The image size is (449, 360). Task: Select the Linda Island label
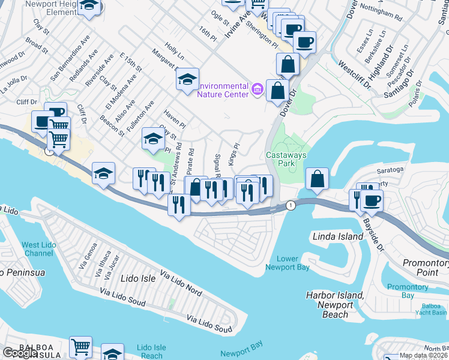[338, 236]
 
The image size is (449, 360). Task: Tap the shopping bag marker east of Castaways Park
[316, 178]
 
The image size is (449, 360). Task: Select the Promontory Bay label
[408, 291]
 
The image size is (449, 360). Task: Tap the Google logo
[20, 353]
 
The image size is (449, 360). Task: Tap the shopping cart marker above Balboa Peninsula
[80, 347]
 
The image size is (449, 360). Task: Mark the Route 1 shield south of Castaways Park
[291, 205]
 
